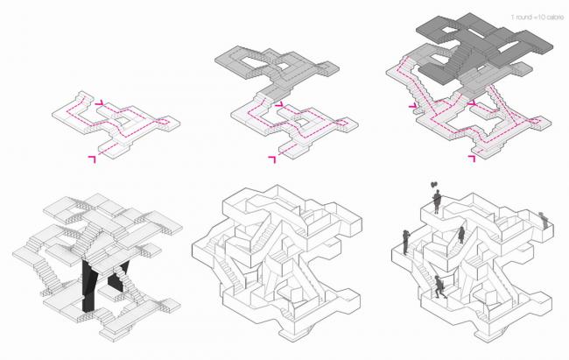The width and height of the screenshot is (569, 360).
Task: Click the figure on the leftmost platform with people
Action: pos(406,239)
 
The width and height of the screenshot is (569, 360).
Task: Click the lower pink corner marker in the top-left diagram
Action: pos(91,157)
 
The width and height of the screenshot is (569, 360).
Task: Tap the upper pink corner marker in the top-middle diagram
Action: pos(280,106)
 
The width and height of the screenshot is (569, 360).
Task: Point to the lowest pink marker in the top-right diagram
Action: pos(474,159)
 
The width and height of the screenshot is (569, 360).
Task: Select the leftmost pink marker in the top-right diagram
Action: pos(412,107)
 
